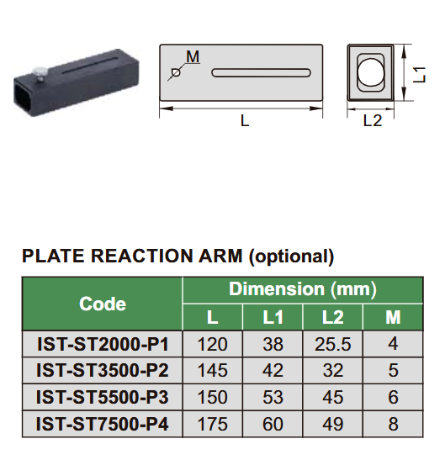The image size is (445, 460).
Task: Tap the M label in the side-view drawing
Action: pos(193,57)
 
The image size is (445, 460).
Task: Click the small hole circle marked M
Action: pos(176,73)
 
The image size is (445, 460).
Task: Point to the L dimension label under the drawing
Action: pos(245,120)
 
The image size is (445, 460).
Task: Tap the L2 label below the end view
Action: pos(372,120)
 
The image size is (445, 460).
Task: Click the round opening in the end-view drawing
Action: pos(372,73)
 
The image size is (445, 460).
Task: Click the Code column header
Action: pos(103,304)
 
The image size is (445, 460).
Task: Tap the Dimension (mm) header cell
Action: pos(303,289)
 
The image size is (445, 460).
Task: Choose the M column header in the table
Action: pos(393,317)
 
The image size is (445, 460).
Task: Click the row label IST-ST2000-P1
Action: pos(103,343)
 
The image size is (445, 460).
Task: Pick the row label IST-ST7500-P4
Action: pos(103,424)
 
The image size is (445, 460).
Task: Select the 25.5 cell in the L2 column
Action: pos(332,343)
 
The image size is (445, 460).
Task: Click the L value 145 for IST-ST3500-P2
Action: pos(212,370)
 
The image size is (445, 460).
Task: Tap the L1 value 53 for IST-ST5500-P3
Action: pos(273,397)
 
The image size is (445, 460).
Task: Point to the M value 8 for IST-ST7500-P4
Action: pos(393,424)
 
